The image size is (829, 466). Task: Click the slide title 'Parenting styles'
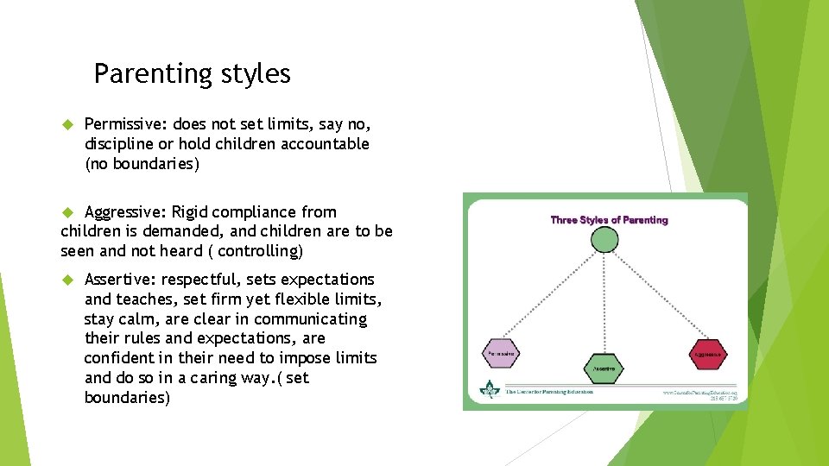pos(192,74)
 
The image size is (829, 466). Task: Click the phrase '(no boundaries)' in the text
pos(142,164)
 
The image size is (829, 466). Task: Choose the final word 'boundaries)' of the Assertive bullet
pos(127,398)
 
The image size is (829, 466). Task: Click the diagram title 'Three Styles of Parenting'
pos(609,220)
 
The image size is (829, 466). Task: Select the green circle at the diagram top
pos(604,238)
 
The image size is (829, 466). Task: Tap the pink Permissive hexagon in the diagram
pos(502,353)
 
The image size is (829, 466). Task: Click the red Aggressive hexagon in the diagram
pos(707,353)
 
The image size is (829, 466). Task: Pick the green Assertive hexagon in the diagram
pos(604,368)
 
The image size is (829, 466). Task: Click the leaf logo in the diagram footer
pos(490,391)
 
